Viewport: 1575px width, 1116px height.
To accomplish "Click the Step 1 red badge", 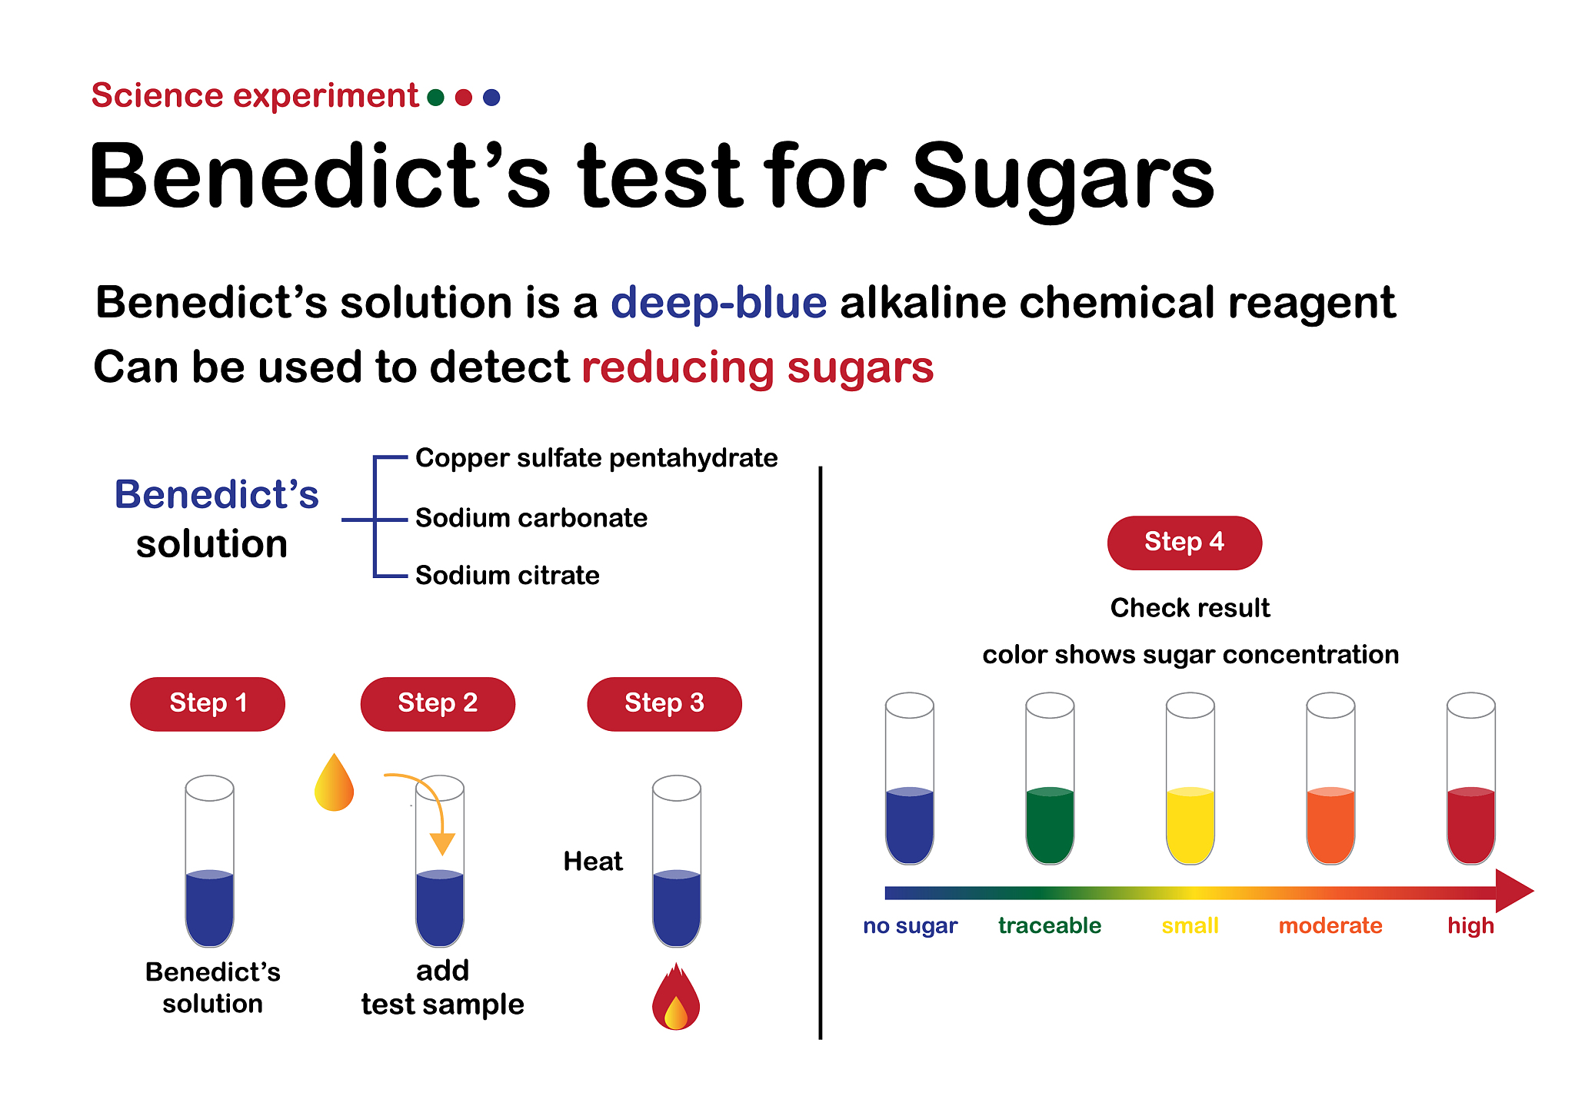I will pos(208,703).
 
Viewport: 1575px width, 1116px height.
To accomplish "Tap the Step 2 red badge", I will pos(438,703).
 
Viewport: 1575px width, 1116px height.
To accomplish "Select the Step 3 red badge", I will pos(664,703).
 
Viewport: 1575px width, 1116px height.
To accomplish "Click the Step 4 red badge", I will pos(1184,543).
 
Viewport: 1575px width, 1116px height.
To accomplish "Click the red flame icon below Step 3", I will pos(676,999).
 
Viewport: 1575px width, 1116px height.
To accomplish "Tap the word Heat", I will pos(593,862).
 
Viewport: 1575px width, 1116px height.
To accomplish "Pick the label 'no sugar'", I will pos(910,925).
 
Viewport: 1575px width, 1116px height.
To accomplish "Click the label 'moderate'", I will pos(1330,925).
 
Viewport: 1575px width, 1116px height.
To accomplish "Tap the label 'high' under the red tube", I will pos(1470,925).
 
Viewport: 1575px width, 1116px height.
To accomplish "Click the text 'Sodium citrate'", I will pos(508,576).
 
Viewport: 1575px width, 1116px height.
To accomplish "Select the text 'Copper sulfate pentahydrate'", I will pos(596,458).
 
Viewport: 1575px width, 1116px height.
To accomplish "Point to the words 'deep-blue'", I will pos(718,302).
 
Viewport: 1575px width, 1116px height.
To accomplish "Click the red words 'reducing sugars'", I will pos(758,367).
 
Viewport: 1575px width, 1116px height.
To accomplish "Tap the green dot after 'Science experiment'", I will pos(436,98).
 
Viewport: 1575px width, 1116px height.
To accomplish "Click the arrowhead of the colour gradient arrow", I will pos(1513,892).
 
